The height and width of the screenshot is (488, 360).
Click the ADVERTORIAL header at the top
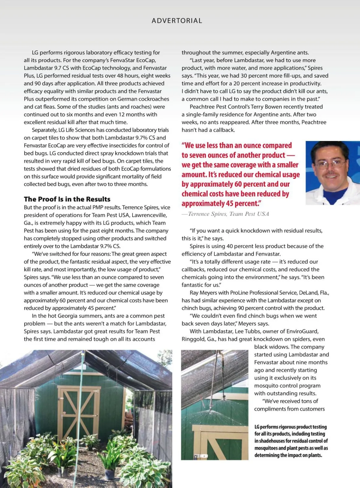pyautogui.click(x=177, y=21)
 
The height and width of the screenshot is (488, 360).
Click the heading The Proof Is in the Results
pyautogui.click(x=67, y=199)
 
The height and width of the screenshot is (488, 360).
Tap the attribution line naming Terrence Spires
pyautogui.click(x=225, y=214)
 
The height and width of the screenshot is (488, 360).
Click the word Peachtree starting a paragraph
pyautogui.click(x=202, y=107)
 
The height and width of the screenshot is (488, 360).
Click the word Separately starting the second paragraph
pyautogui.click(x=44, y=130)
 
